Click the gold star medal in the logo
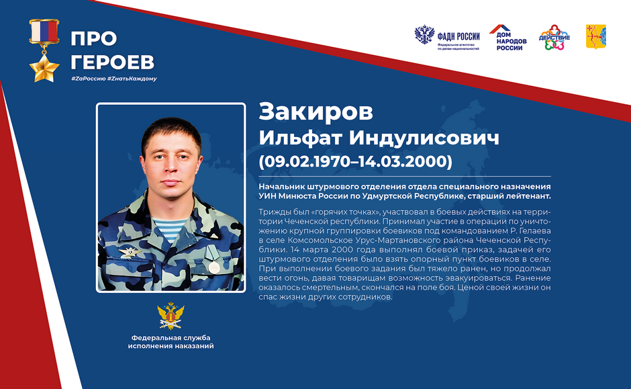pyautogui.click(x=44, y=69)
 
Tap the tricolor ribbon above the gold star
pyautogui.click(x=44, y=32)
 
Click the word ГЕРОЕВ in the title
pyautogui.click(x=113, y=62)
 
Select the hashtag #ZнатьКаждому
pyautogui.click(x=132, y=79)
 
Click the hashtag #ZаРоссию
pyautogui.click(x=88, y=79)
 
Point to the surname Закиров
pyautogui.click(x=316, y=112)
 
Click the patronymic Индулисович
pyautogui.click(x=424, y=138)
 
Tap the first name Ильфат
pyautogui.click(x=300, y=138)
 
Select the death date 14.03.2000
pyautogui.click(x=402, y=161)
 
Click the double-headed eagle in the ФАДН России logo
pyautogui.click(x=424, y=35)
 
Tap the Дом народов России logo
pyautogui.click(x=508, y=38)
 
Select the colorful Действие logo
pyautogui.click(x=554, y=38)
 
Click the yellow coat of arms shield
pyautogui.click(x=596, y=37)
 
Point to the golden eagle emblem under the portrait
pyautogui.click(x=171, y=316)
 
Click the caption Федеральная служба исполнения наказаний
pyautogui.click(x=171, y=342)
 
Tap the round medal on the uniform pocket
pyautogui.click(x=215, y=267)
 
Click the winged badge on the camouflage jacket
pyautogui.click(x=130, y=253)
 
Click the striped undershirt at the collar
pyautogui.click(x=168, y=228)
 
